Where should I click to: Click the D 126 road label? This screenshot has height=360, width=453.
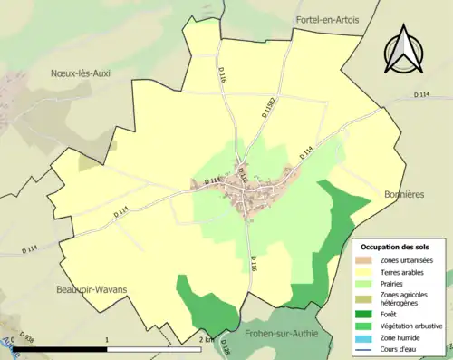[x=226, y=348]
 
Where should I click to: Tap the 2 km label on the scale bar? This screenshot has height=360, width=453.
[x=207, y=339]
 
